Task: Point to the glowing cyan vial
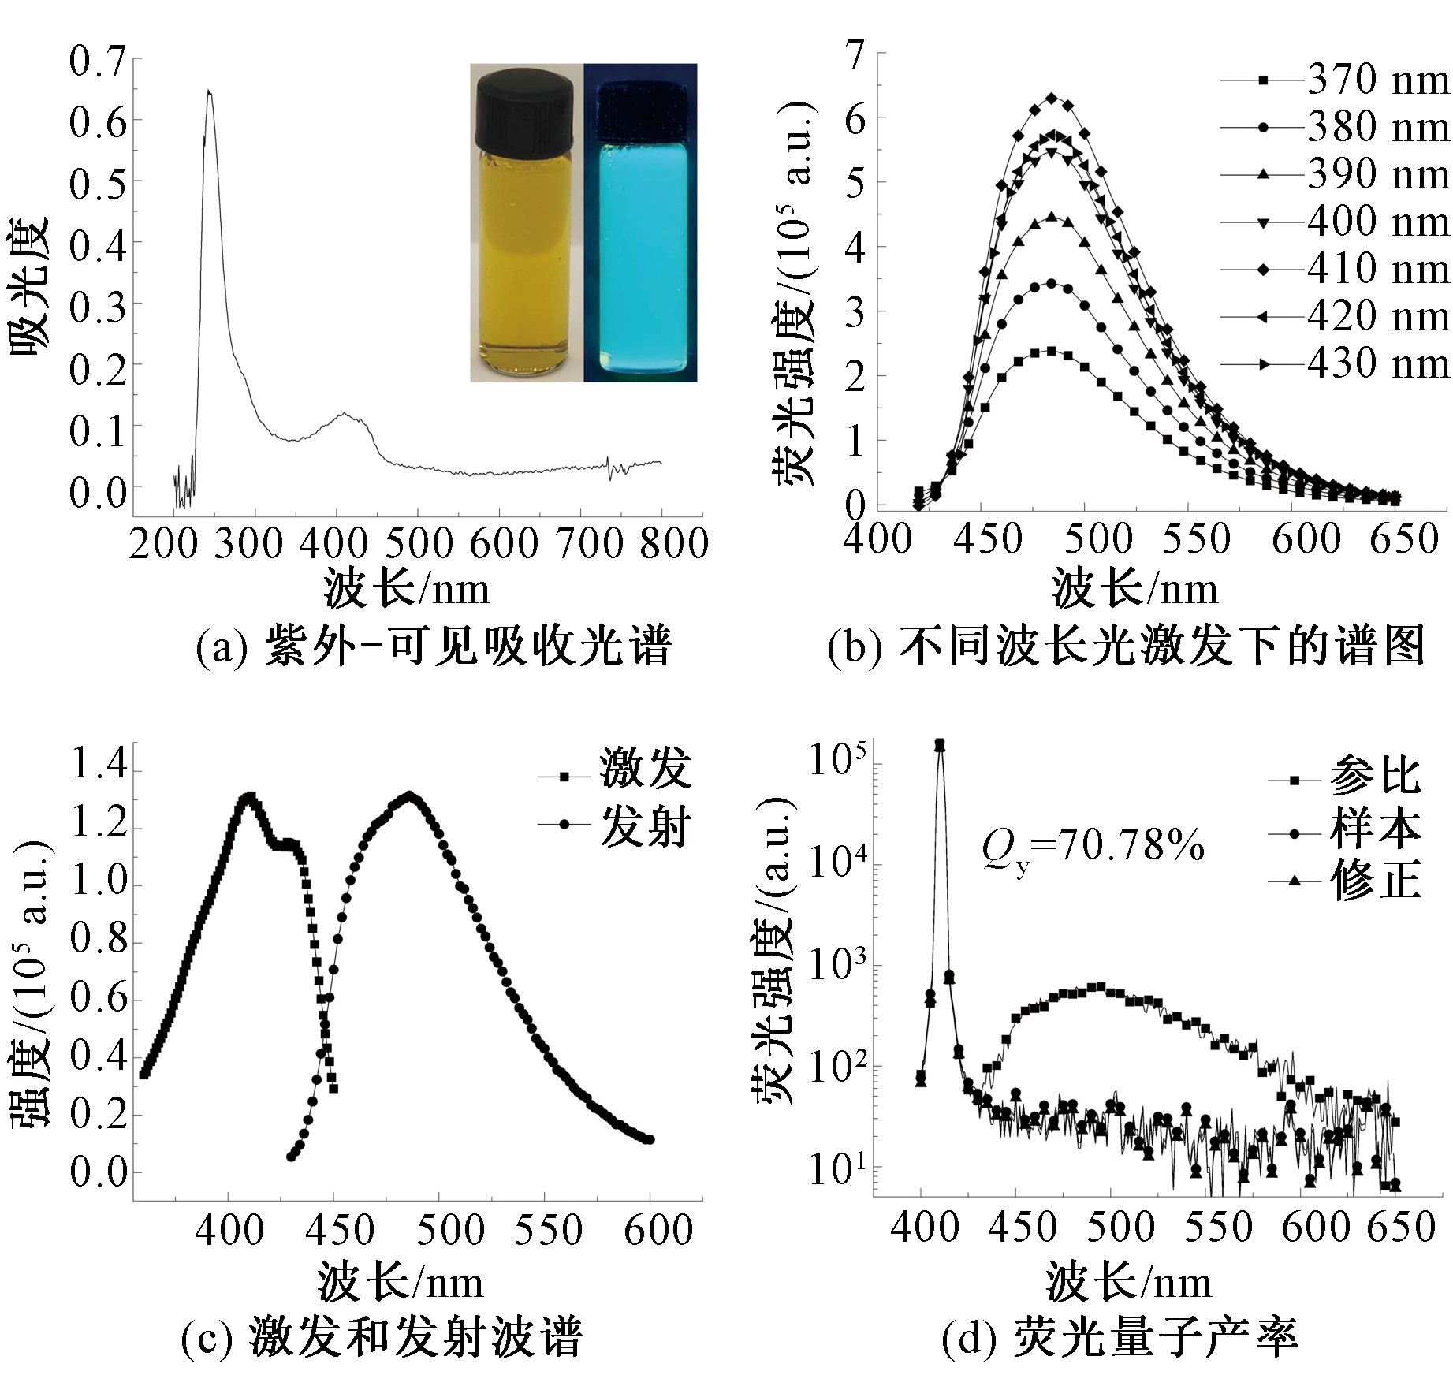pyautogui.click(x=639, y=252)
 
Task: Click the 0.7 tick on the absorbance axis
pyautogui.click(x=98, y=61)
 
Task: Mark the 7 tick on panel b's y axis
pyautogui.click(x=855, y=55)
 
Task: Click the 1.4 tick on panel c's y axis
pyautogui.click(x=99, y=765)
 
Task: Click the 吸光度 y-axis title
pyautogui.click(x=30, y=289)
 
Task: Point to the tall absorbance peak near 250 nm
pyautogui.click(x=209, y=93)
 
